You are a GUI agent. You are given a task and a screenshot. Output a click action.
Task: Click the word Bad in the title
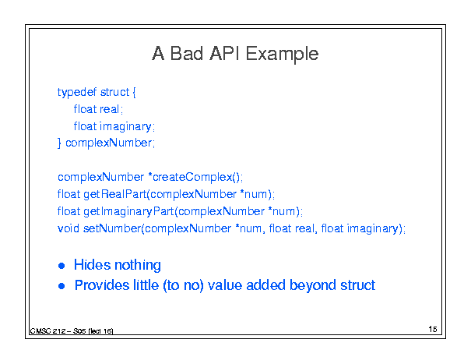click(187, 54)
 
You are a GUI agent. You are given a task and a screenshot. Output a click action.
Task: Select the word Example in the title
click(282, 55)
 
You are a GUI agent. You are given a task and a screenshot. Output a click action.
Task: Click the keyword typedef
click(77, 92)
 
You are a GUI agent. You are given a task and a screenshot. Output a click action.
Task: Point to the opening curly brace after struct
click(134, 92)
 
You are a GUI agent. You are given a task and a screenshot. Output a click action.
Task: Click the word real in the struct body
click(109, 109)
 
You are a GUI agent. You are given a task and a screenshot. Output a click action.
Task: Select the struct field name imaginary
click(125, 126)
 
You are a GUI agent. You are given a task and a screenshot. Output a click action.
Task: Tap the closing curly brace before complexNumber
click(59, 143)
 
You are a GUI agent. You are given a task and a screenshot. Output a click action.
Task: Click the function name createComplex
click(192, 177)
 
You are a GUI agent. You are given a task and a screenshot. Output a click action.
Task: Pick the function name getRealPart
click(114, 194)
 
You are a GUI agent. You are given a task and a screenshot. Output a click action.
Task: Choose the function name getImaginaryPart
click(128, 211)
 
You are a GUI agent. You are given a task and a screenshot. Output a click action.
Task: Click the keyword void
click(69, 228)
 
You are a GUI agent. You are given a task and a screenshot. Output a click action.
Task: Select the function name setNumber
click(112, 228)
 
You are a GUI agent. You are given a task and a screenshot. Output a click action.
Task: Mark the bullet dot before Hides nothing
click(62, 266)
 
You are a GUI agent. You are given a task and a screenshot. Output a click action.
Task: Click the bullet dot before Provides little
click(62, 286)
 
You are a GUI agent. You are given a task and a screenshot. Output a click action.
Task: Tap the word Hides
click(92, 265)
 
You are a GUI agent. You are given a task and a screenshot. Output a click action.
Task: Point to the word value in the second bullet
click(225, 284)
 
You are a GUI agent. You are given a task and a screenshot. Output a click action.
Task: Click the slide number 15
click(433, 329)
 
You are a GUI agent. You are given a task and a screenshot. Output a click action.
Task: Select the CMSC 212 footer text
click(72, 331)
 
